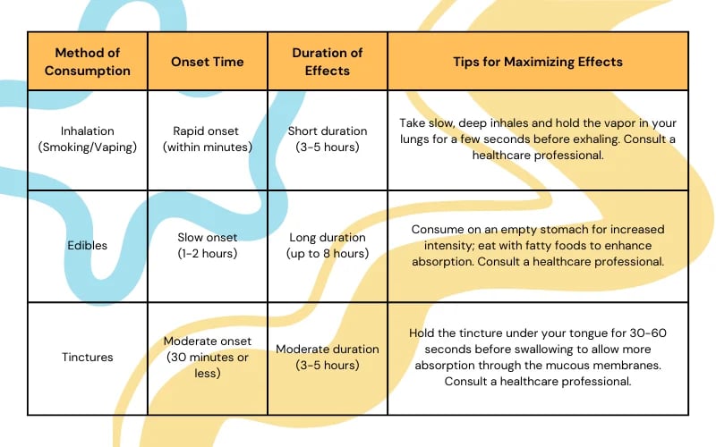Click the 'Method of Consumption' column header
89,62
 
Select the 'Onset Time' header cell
208,62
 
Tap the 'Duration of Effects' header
327,62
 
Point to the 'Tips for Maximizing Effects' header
538,62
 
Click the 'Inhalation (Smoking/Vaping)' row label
88,139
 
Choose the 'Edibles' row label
88,246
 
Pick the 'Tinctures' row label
88,358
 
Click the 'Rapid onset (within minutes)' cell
208,139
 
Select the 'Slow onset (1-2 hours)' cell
208,246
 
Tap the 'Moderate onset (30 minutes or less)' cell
208,358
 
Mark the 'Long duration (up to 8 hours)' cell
327,246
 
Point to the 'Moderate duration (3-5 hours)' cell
327,358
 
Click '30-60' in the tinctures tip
647,333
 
